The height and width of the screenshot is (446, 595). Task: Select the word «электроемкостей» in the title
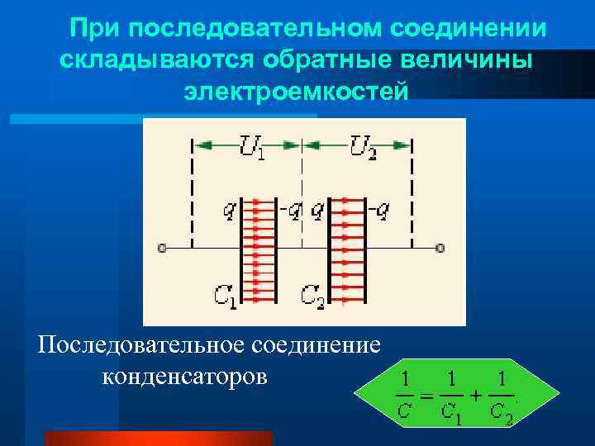[296, 91]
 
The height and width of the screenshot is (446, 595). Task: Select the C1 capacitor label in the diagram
[225, 295]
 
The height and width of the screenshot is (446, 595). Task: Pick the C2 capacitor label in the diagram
[312, 295]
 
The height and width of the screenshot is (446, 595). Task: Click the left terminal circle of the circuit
[163, 247]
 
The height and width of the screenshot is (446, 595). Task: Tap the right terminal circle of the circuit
[440, 247]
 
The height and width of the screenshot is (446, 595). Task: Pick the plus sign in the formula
[477, 394]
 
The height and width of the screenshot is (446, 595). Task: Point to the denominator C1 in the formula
[451, 413]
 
